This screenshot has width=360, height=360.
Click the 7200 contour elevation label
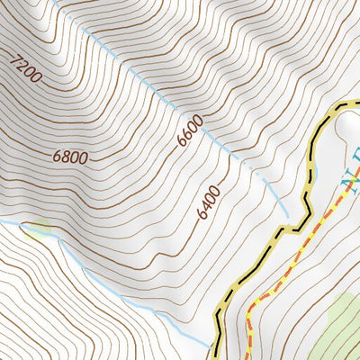point(28,69)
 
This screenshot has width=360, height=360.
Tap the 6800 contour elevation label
point(70,157)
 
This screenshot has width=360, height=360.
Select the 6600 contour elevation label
point(190,131)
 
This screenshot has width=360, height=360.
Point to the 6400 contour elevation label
point(208,204)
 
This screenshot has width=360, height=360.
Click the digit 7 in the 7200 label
point(15,60)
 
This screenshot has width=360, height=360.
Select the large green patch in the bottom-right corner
point(337,328)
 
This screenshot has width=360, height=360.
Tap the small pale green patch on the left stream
point(38,230)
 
